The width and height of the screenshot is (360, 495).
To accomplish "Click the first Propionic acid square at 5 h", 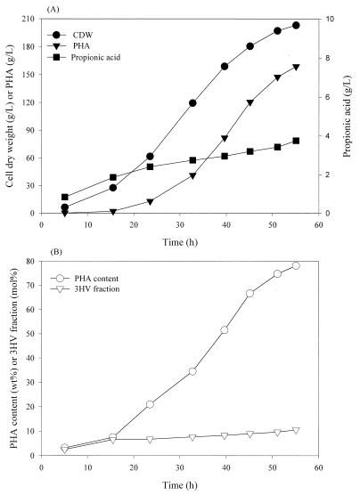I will coord(65,197).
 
